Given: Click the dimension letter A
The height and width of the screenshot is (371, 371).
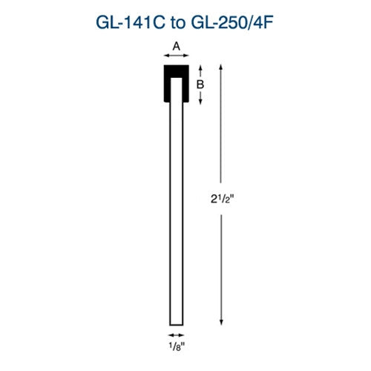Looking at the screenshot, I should pyautogui.click(x=176, y=45).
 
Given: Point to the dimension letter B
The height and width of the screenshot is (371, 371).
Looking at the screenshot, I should pyautogui.click(x=199, y=85).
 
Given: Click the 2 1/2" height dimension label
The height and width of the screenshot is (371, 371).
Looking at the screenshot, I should pyautogui.click(x=223, y=197).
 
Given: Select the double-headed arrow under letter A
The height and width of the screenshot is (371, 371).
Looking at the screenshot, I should pyautogui.click(x=176, y=55).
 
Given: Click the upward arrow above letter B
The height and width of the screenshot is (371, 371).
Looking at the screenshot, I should pyautogui.click(x=199, y=70).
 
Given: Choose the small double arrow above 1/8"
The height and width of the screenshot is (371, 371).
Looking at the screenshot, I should pyautogui.click(x=177, y=335).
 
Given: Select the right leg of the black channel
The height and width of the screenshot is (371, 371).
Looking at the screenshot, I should pyautogui.click(x=185, y=89).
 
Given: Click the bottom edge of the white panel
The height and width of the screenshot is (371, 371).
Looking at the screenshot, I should pyautogui.click(x=177, y=324).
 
